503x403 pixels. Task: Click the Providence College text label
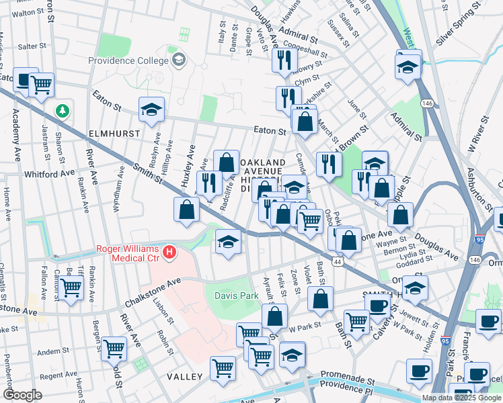tap(128, 60)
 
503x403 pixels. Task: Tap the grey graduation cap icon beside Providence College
tap(179, 60)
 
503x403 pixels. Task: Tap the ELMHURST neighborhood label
tap(114, 134)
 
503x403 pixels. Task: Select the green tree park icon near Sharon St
tap(63, 110)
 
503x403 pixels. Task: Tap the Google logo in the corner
tap(22, 396)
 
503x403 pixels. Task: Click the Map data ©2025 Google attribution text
tap(461, 398)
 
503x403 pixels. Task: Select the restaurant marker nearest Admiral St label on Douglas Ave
tap(284, 60)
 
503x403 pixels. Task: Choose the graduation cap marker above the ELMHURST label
tap(152, 110)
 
